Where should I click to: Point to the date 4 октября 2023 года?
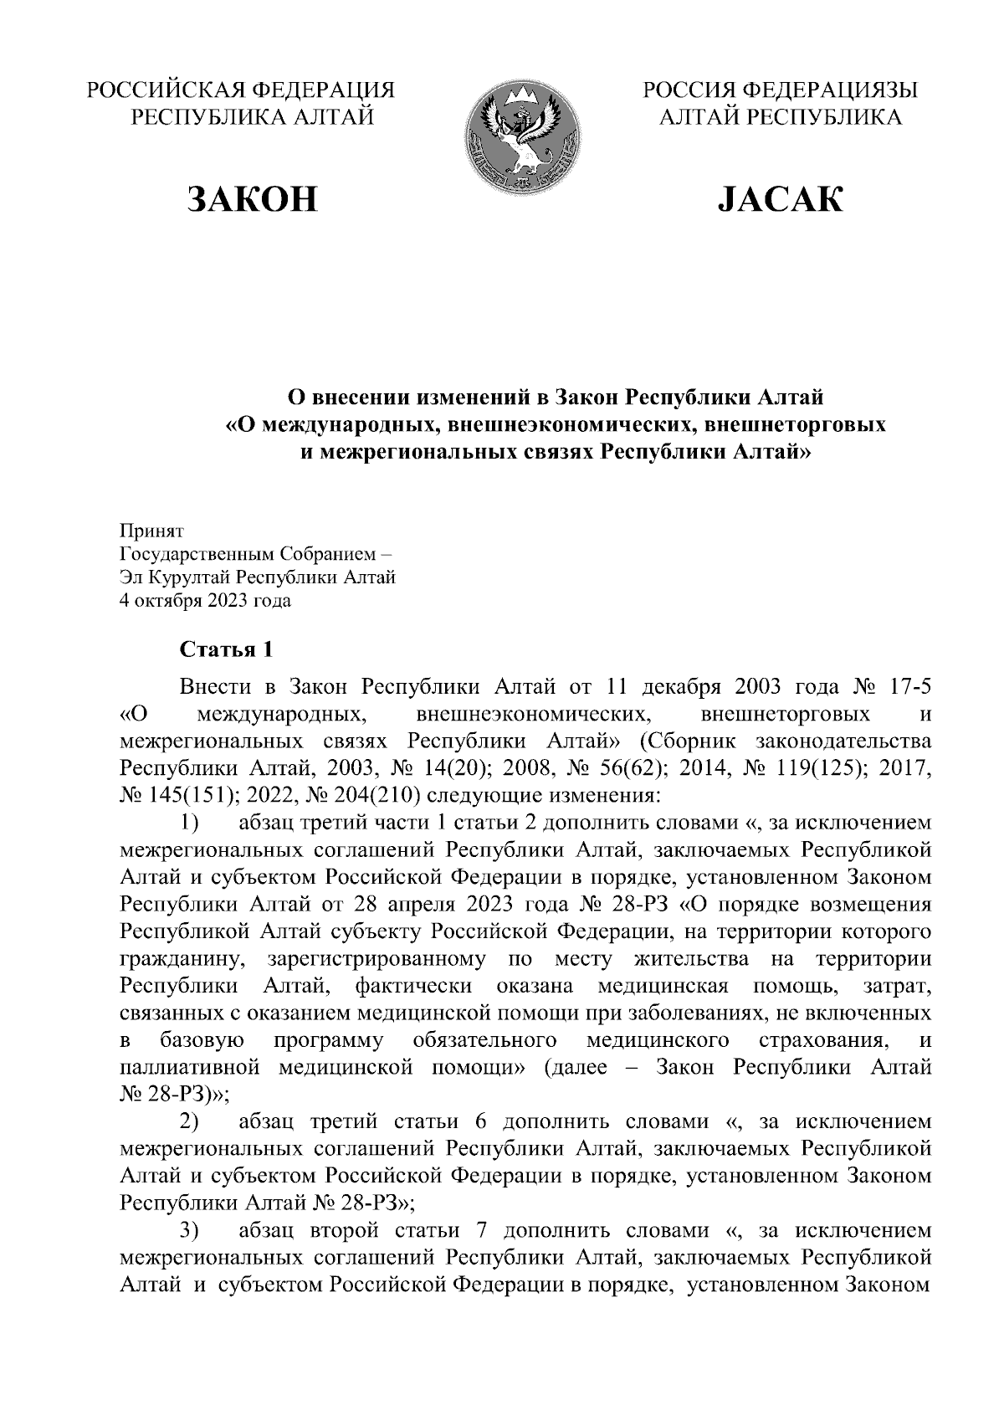point(206,601)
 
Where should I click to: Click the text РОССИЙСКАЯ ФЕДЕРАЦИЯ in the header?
point(241,90)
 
